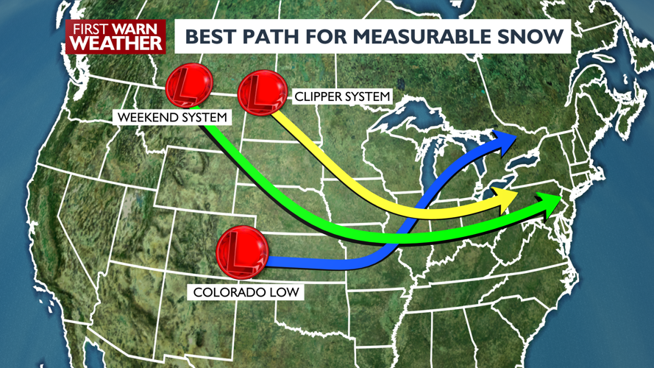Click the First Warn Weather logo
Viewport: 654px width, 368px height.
tap(115, 36)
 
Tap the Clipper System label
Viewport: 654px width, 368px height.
tap(342, 97)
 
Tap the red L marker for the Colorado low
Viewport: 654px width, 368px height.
tap(241, 252)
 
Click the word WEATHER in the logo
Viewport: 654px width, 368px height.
tap(115, 43)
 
